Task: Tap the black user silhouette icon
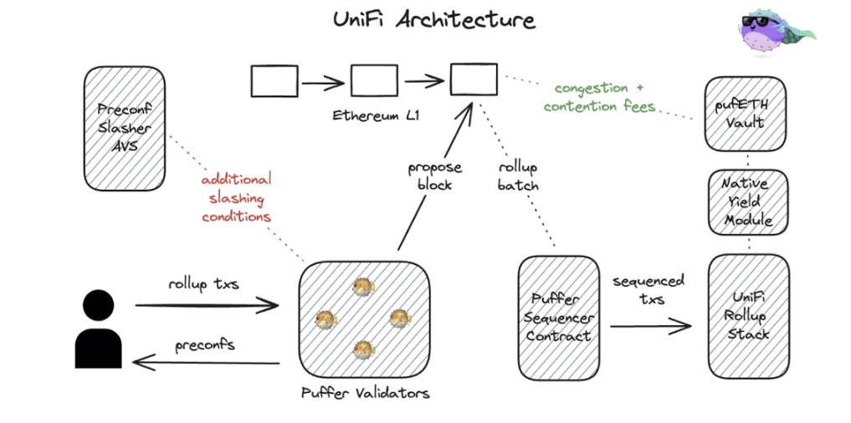[x=99, y=329]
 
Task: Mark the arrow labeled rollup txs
[x=207, y=306]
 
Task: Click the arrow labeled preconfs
[x=207, y=362]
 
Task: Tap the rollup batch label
[x=517, y=176]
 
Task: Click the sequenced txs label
[x=649, y=289]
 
